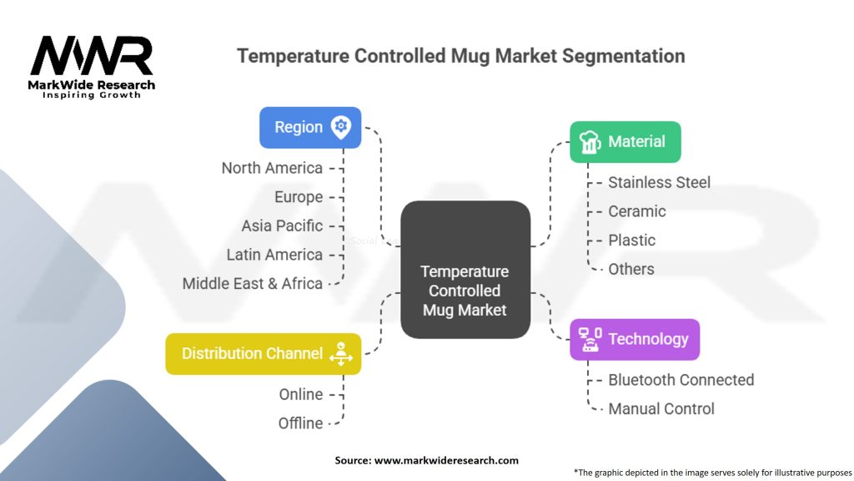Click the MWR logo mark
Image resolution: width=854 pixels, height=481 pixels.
pos(92,56)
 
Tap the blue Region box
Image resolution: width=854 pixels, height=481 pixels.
pos(310,128)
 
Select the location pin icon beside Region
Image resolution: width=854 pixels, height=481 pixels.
pos(341,127)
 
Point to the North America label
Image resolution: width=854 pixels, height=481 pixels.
pos(272,168)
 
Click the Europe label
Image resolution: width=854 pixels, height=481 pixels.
pos(299,197)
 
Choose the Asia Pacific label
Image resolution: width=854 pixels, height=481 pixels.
pos(282,225)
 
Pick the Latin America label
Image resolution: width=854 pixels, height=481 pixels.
pos(274,255)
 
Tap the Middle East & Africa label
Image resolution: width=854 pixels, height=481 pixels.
pos(252,284)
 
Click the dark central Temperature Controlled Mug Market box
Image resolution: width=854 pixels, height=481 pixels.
pos(465,270)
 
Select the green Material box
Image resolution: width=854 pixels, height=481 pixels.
pos(625,142)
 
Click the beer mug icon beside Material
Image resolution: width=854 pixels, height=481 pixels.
pos(590,142)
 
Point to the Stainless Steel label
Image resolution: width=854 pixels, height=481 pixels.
pos(659,182)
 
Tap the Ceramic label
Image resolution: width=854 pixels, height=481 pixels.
pos(636,211)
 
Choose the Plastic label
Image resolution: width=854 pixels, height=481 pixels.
pos(632,240)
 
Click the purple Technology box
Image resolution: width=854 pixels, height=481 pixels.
pos(635,339)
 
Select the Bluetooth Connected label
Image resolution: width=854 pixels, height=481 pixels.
pos(681,380)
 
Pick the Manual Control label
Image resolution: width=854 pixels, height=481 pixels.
pos(661,408)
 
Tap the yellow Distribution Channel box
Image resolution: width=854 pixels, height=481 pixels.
pos(263,354)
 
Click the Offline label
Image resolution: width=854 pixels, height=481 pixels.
pos(300,423)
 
